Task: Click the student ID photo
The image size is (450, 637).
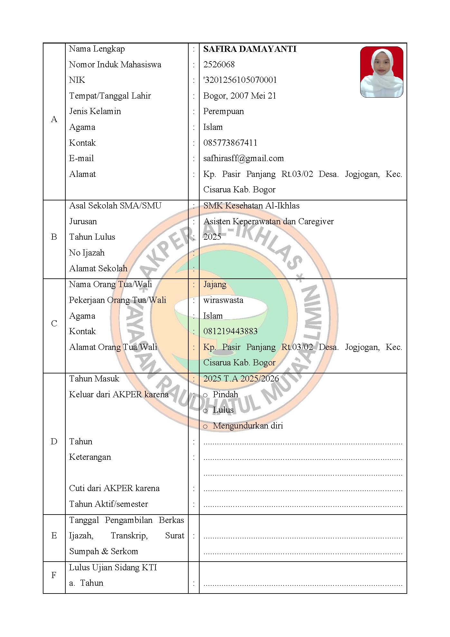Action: pyautogui.click(x=381, y=72)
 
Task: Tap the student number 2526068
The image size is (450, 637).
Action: pyautogui.click(x=219, y=64)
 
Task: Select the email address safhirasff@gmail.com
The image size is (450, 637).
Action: pyautogui.click(x=243, y=158)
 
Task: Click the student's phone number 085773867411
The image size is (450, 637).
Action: pyautogui.click(x=230, y=143)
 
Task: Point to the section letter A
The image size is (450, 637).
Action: pyautogui.click(x=54, y=120)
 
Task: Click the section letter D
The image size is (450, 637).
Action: pyautogui.click(x=54, y=441)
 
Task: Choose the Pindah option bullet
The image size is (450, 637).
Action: pyautogui.click(x=205, y=395)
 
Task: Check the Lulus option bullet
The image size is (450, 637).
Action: pyautogui.click(x=205, y=411)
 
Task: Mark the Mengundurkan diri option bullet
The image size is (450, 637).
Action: pyautogui.click(x=205, y=427)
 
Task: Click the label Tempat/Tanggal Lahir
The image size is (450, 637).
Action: pyautogui.click(x=110, y=96)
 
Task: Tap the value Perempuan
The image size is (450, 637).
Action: pyautogui.click(x=223, y=111)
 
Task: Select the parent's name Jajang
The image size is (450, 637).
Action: pyautogui.click(x=215, y=284)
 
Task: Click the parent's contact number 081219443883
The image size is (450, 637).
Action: pyautogui.click(x=230, y=331)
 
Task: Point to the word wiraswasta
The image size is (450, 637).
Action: pyautogui.click(x=223, y=300)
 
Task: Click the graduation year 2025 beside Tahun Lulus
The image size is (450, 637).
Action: pyautogui.click(x=212, y=237)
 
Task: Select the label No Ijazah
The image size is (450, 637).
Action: pyautogui.click(x=87, y=253)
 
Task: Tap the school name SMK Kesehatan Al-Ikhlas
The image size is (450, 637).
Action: pyautogui.click(x=251, y=206)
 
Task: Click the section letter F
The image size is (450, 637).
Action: pyautogui.click(x=54, y=575)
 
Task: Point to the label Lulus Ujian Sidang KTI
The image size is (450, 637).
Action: pyautogui.click(x=113, y=567)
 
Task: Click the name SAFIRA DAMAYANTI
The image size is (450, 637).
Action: pyautogui.click(x=250, y=49)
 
